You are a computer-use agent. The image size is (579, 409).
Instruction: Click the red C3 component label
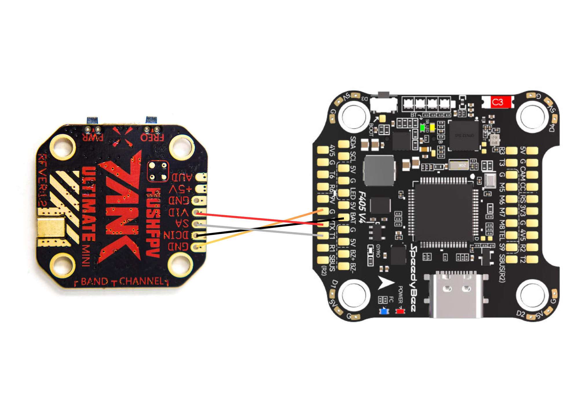[498, 102]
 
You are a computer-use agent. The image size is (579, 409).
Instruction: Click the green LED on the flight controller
[423, 127]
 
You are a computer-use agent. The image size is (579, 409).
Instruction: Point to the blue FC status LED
[384, 311]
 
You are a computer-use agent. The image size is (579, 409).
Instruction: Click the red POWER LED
[400, 311]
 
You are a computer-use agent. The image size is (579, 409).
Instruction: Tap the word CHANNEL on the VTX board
[142, 281]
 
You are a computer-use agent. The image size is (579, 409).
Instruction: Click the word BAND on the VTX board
[94, 281]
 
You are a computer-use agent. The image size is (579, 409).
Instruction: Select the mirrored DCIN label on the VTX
[176, 235]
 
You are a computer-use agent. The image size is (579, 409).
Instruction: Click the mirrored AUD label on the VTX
[182, 177]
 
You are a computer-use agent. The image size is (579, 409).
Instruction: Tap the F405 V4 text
[362, 207]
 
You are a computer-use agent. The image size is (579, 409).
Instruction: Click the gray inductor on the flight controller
[379, 171]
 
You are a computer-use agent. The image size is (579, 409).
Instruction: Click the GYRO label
[378, 250]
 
